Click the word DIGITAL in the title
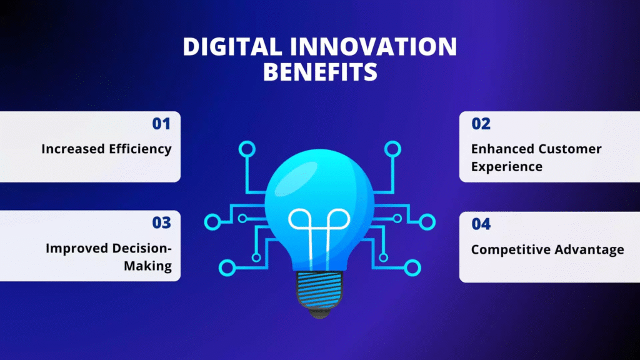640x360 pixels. [x=232, y=46]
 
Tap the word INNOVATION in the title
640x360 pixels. [x=374, y=46]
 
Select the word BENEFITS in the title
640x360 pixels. [x=320, y=72]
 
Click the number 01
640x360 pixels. [x=161, y=124]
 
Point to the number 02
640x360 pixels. [x=481, y=124]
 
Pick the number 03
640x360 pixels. [x=161, y=223]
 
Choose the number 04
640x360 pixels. [x=481, y=224]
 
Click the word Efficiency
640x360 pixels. [x=140, y=149]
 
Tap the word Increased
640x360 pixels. [x=73, y=149]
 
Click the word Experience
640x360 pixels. [x=506, y=167]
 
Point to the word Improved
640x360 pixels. [x=77, y=248]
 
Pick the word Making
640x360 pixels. [x=147, y=266]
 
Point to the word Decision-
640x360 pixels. [x=142, y=248]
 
